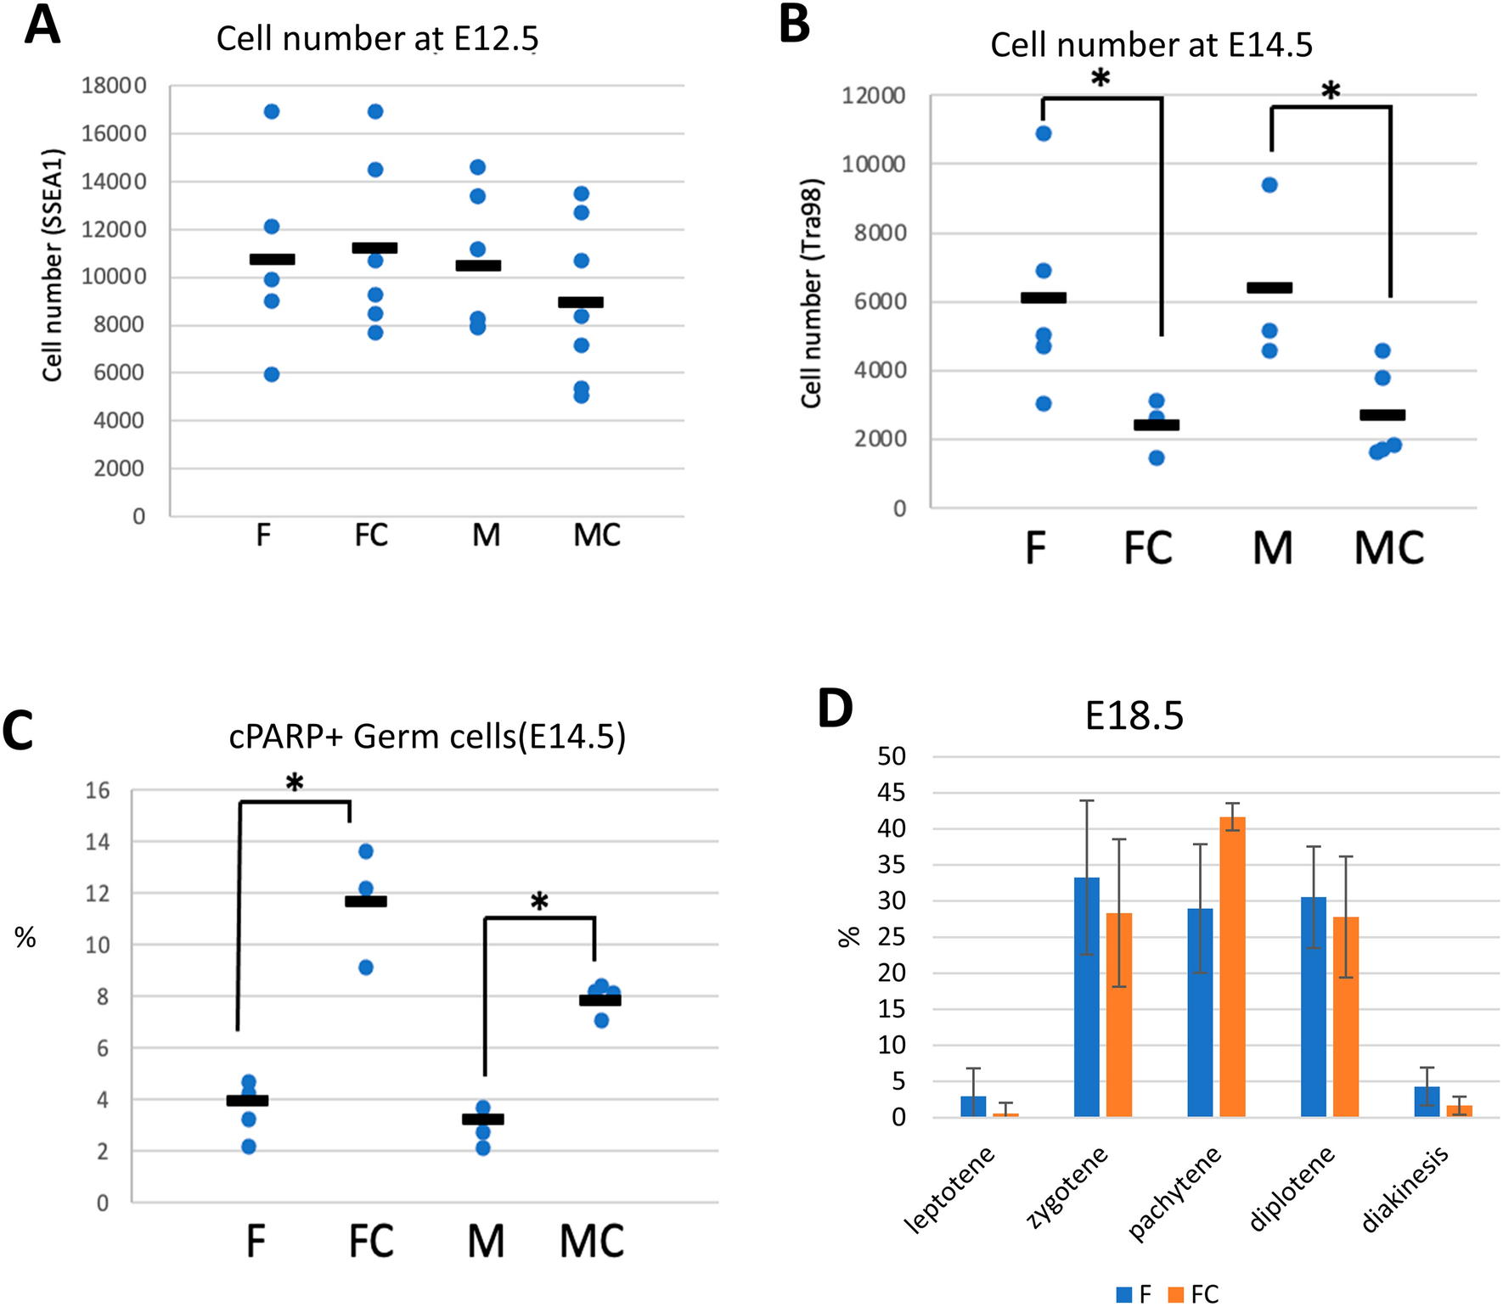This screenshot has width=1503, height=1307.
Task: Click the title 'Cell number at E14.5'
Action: (1151, 45)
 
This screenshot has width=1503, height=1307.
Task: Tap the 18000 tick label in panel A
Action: (114, 86)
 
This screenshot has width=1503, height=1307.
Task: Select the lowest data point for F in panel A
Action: (272, 374)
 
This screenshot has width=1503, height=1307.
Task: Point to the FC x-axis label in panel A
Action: (371, 536)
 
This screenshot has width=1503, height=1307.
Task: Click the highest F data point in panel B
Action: (1044, 133)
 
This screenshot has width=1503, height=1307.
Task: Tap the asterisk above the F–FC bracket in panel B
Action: (1101, 79)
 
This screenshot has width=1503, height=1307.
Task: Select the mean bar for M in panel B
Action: (1269, 288)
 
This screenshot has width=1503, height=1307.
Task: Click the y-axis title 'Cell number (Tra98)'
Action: (812, 294)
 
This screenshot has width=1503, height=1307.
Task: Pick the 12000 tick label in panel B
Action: (873, 96)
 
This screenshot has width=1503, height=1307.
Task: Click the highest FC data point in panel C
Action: (366, 851)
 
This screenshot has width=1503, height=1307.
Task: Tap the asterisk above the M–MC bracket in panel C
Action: (539, 901)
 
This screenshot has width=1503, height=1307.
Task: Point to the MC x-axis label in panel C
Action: (592, 1242)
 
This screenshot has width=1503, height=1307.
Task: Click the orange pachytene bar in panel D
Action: (1232, 967)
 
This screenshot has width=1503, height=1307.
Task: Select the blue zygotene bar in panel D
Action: (1087, 997)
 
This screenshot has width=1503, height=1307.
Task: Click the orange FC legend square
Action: (1176, 1294)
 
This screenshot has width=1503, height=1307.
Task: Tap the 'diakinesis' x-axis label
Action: (1405, 1188)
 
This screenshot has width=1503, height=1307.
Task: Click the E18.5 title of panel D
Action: (1134, 716)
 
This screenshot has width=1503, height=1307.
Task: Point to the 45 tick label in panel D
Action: (891, 793)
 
